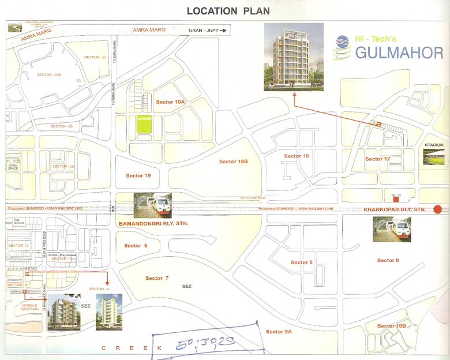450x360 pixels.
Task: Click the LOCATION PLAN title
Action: coord(228,11)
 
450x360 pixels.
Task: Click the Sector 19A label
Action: coord(170,102)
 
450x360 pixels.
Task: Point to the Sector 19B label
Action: coord(233,162)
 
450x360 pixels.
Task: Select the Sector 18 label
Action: coord(297,156)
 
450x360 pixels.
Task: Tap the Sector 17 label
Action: coord(377,159)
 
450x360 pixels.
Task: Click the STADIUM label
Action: coord(434,144)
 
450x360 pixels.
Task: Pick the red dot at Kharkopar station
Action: coord(438,209)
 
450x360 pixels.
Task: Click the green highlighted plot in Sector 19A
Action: coord(144,123)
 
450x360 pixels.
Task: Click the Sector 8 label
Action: coord(388,260)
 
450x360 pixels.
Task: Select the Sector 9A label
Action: coord(279,332)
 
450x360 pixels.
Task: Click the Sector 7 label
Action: coord(157,278)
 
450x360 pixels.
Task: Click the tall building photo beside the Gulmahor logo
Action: coord(293,57)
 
